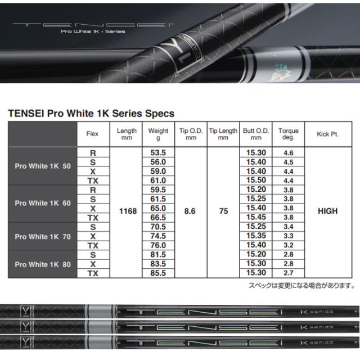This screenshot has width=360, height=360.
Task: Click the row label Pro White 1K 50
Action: point(43,166)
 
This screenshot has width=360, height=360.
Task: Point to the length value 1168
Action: point(128,211)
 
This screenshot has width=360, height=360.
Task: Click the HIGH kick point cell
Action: point(328,211)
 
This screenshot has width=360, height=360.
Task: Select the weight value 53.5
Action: point(158,152)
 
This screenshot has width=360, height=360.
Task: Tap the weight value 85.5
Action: point(158,273)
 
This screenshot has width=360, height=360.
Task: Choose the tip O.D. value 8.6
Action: point(191,211)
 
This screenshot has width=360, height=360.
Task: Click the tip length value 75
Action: point(223,211)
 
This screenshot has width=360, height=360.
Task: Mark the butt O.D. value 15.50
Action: point(256,179)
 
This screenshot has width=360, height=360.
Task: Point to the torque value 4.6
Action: point(288,152)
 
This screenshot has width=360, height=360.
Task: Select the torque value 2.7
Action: point(288,273)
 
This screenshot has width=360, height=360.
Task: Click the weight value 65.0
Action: point(158,208)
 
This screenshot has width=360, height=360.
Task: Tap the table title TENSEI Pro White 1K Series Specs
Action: point(91,113)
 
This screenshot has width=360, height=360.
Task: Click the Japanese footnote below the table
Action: point(301,286)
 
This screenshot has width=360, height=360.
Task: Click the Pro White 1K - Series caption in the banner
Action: point(93,31)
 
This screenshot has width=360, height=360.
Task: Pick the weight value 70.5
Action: point(158,227)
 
